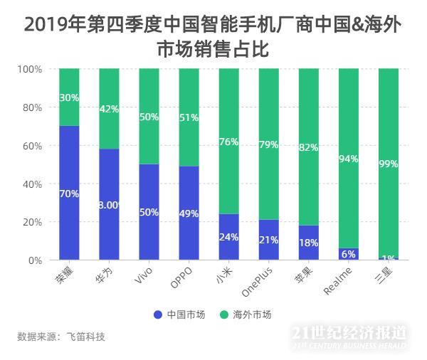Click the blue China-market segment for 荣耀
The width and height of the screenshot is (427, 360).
point(69,192)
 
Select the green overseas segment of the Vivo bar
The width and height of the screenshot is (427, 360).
point(149,116)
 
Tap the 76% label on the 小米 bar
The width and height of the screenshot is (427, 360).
point(228,142)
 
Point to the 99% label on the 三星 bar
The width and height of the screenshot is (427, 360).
point(389,164)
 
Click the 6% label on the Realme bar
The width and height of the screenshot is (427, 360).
point(349,254)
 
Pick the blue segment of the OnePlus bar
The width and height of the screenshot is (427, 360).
point(269,240)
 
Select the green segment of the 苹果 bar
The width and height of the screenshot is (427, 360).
point(309,147)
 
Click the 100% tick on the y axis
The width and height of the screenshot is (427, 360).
point(30,69)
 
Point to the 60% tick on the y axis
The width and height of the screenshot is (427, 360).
point(31,146)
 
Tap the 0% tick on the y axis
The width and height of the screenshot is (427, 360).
point(35,260)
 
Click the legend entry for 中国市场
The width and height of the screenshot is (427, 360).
point(177,314)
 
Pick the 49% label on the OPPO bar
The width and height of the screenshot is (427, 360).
point(189,213)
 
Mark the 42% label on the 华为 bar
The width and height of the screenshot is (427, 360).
point(109,109)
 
